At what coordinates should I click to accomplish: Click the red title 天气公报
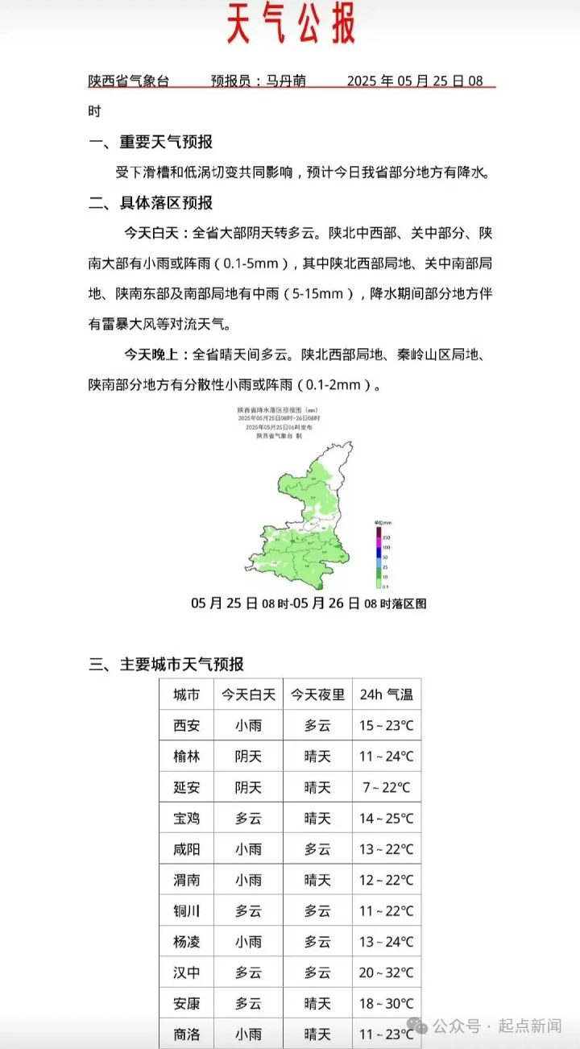pos(291,23)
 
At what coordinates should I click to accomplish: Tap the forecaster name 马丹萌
pos(286,81)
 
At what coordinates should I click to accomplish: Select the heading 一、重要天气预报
pos(151,142)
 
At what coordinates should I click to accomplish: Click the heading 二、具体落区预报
pos(151,203)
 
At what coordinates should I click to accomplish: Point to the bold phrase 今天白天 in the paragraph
pos(154,234)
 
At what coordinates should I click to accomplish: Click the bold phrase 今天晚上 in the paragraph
pos(154,355)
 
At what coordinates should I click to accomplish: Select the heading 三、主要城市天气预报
pos(166,665)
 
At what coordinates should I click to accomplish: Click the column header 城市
pos(187,694)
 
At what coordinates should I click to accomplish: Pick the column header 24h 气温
pos(386,694)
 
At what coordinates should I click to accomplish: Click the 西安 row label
pos(187,725)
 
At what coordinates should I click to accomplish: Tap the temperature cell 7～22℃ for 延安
pos(386,787)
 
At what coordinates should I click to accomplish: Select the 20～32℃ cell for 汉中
pos(386,972)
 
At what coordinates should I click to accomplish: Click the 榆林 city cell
pos(187,757)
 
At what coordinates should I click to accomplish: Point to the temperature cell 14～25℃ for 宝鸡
pos(386,819)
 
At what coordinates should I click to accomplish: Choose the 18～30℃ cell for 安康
pos(386,1004)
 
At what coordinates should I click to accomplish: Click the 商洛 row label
pos(187,1034)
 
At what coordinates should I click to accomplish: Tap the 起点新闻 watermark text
pos(530,1026)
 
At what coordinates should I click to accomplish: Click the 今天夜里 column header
pos(317,694)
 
